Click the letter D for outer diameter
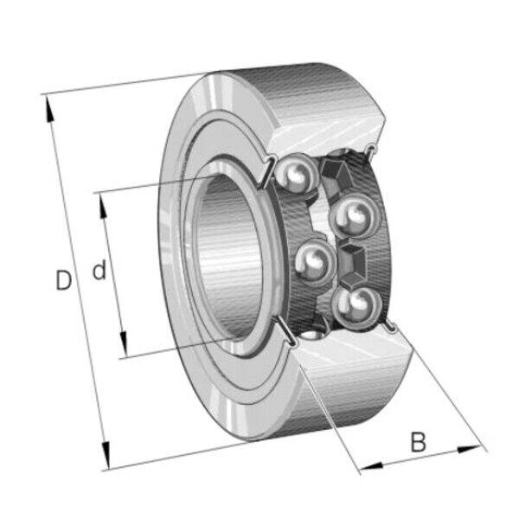[x=63, y=280]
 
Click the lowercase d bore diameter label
[x=99, y=270]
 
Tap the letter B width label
[x=419, y=441]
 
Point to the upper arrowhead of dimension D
[x=49, y=108]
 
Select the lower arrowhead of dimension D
[x=106, y=454]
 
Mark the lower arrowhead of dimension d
[x=124, y=343]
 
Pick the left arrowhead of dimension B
[x=372, y=466]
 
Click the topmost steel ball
[x=295, y=172]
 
